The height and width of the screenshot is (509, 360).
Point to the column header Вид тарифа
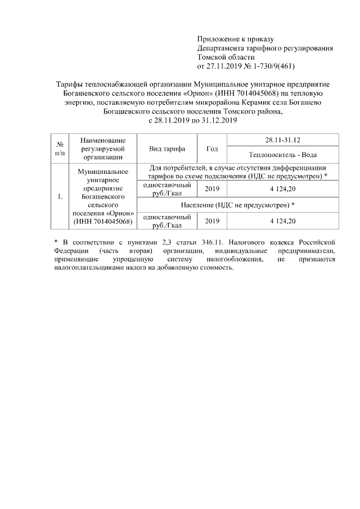pos(167,148)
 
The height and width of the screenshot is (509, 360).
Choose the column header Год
pos(212,148)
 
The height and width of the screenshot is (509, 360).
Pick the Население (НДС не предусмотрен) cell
pos(238,205)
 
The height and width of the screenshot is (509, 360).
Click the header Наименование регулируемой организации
pos(102,148)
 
